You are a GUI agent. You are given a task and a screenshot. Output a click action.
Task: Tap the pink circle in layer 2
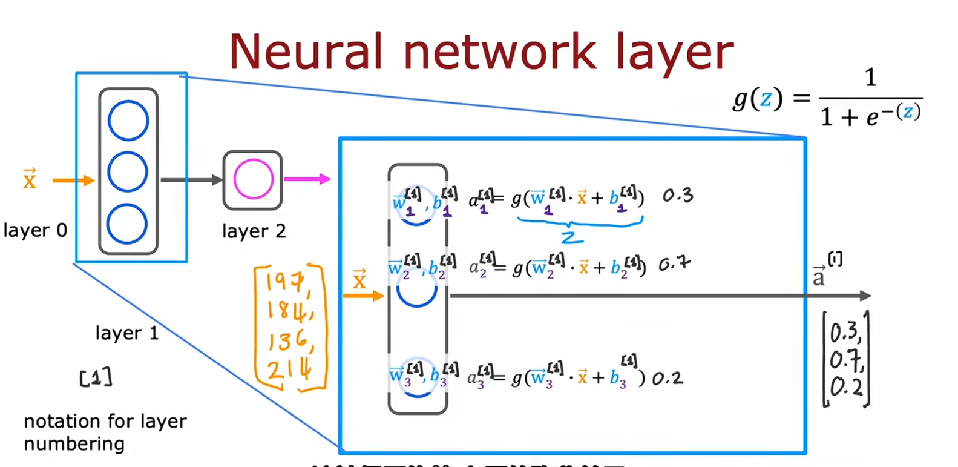(253, 179)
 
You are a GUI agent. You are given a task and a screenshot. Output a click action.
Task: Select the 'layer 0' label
(35, 230)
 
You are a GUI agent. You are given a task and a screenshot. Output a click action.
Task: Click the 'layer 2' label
(254, 231)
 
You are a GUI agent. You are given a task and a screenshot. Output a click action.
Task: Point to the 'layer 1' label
(127, 333)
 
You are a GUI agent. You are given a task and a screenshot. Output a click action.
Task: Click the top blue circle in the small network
(128, 121)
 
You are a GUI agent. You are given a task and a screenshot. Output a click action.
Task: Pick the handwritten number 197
(287, 282)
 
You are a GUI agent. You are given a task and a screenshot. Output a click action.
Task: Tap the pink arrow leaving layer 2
(307, 179)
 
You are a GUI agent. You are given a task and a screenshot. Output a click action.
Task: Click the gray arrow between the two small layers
(191, 180)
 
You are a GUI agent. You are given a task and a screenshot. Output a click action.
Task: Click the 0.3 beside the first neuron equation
(678, 196)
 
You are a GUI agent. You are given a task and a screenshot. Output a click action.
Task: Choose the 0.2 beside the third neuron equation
(668, 379)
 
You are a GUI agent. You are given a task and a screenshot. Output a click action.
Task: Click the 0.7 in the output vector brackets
(845, 360)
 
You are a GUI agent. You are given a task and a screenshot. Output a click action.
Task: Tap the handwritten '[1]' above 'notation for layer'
(96, 378)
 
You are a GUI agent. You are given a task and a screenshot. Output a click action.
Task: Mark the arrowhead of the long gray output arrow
(866, 296)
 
